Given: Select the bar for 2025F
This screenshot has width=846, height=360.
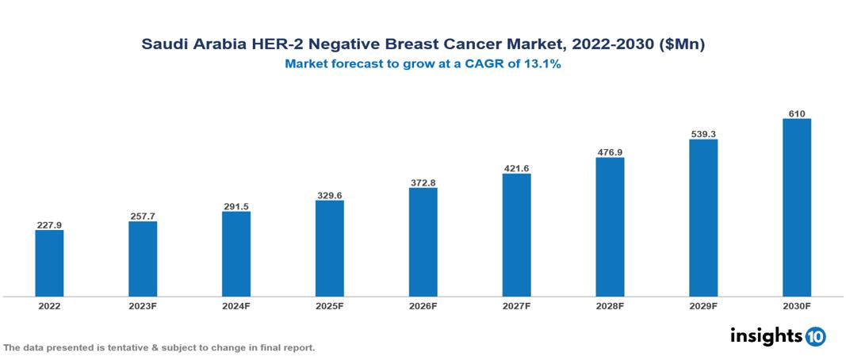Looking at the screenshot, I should click(329, 248).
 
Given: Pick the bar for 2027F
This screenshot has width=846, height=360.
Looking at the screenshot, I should click(516, 235).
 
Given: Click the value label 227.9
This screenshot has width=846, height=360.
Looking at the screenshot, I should click(49, 225).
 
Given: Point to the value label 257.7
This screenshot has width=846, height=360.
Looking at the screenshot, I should click(143, 216).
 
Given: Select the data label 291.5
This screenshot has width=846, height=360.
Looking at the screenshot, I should click(236, 206).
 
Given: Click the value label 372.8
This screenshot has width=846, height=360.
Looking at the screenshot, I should click(423, 182).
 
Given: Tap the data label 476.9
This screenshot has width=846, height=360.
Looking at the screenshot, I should click(610, 151).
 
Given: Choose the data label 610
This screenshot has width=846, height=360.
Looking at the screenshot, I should click(796, 113).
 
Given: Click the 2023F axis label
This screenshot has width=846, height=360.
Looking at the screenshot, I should click(143, 305).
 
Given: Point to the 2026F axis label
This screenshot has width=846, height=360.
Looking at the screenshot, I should click(423, 305).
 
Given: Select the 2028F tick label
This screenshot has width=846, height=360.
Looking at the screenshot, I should click(610, 305).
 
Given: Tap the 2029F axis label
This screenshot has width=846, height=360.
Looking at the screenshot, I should click(703, 305).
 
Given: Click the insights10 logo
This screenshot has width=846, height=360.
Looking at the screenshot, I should click(778, 336).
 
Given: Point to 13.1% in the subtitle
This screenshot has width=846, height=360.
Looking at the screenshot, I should click(542, 65).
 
